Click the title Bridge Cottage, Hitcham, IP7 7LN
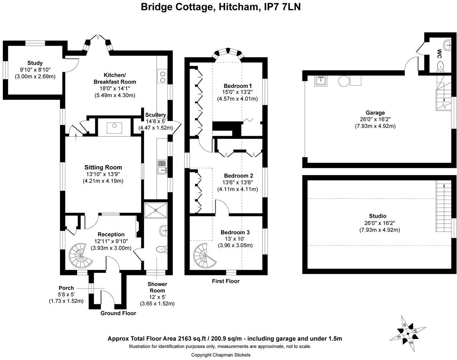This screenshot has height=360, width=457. pos(221,7)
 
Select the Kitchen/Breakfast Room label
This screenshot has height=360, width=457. pos(115,79)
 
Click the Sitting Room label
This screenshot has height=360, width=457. pos(103,167)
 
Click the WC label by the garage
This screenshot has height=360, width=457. pos(439,54)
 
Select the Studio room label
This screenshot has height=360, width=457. pos(377,216)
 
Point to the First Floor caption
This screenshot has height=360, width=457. pos(226,281)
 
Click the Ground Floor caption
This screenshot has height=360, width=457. pos(118,313)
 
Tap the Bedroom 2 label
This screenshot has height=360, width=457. pos(238,176)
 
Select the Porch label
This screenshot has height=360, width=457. pos(66,288)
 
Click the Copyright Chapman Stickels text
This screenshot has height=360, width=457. pos(221,355)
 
